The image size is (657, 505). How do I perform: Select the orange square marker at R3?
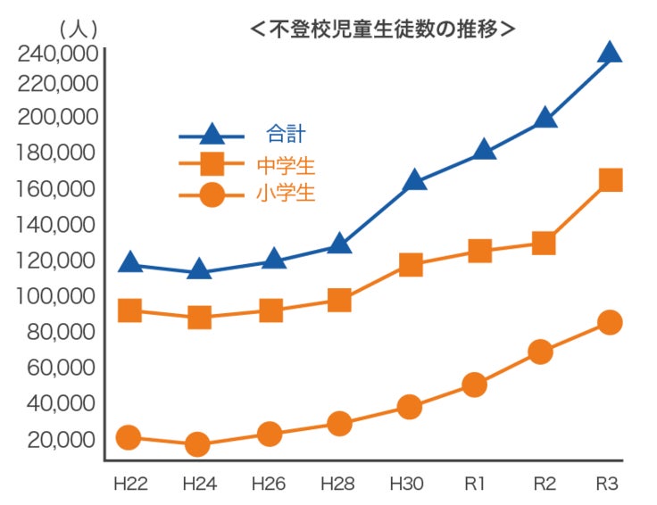[x=610, y=180]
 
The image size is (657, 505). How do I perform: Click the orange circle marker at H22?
[x=129, y=437]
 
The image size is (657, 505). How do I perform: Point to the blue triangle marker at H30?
[x=412, y=181]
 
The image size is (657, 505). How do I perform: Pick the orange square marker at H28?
[x=339, y=300]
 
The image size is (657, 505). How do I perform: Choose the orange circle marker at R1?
[x=475, y=385]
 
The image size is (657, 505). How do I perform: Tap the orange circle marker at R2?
[x=541, y=352]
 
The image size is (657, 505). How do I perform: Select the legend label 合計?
[x=286, y=135]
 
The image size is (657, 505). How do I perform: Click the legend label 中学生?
[x=286, y=165]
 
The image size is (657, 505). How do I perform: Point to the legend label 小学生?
[x=286, y=194]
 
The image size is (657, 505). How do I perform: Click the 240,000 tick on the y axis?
[x=57, y=54]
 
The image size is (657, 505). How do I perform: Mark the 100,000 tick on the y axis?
[x=57, y=295]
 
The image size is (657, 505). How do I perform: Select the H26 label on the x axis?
[x=268, y=484]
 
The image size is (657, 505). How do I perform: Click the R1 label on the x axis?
[x=474, y=484]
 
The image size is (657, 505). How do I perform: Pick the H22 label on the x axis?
[x=129, y=484]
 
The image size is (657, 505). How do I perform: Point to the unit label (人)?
[x=79, y=29]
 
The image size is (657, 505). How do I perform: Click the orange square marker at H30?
[x=411, y=265]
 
